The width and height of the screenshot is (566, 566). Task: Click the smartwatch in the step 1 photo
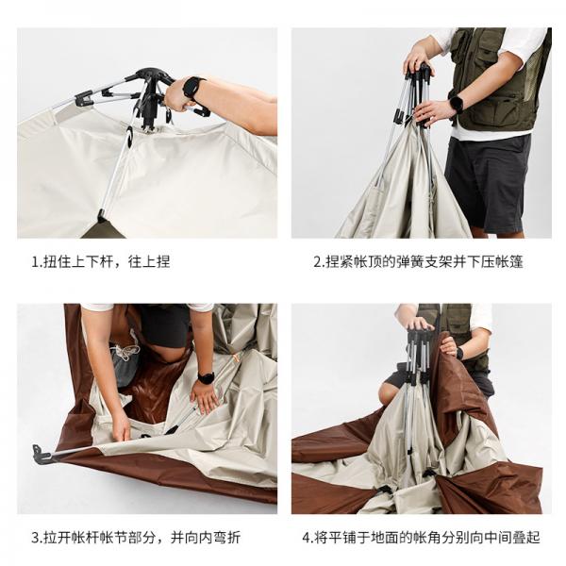click(192, 88)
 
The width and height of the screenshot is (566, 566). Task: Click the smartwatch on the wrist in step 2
click(456, 104)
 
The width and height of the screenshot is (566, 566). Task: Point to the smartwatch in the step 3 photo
click(206, 378)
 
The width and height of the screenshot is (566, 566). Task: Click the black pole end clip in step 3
click(41, 453)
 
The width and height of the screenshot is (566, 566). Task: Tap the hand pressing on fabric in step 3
click(205, 397)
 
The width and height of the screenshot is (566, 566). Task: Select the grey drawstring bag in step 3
click(124, 361)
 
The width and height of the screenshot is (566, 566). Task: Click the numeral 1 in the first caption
click(35, 261)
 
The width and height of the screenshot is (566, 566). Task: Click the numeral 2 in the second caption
click(317, 262)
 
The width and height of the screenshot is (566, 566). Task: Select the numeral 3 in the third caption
click(36, 538)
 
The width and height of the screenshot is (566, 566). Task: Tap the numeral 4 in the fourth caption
click(307, 538)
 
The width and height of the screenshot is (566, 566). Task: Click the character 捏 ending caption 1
click(163, 261)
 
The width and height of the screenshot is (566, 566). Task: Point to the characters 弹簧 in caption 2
click(410, 261)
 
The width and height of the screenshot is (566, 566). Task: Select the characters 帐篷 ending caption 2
click(509, 261)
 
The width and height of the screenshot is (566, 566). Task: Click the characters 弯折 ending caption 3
click(226, 538)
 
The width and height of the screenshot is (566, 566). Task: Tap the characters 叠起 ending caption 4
click(526, 538)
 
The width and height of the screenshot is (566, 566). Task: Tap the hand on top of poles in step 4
click(420, 323)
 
